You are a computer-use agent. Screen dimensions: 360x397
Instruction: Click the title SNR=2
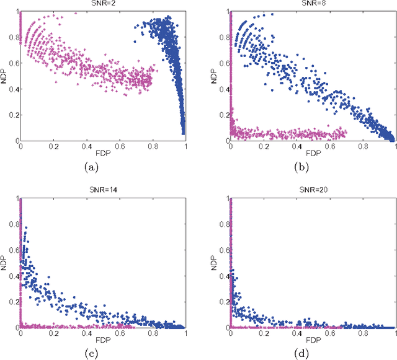click(103, 4)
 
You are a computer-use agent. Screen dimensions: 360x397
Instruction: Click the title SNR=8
click(313, 4)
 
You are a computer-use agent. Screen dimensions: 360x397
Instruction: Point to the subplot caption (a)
click(103, 166)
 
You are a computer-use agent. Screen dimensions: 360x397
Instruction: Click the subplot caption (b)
click(313, 166)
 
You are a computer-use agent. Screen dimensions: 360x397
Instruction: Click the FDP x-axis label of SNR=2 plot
click(103, 153)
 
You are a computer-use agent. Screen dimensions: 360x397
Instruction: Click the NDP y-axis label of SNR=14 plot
click(5, 263)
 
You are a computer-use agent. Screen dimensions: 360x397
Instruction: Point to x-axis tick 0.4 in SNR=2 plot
click(87, 146)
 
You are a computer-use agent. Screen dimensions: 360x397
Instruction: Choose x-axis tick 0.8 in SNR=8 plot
click(362, 146)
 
